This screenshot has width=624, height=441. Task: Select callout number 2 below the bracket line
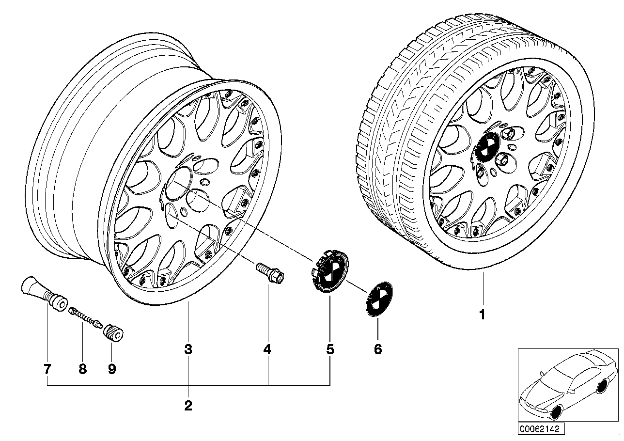pos(188,406)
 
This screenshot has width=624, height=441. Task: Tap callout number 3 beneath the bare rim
pos(188,349)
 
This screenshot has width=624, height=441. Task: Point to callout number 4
pos(267,349)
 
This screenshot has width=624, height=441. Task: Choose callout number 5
pos(330,349)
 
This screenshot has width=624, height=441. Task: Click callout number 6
pos(378,349)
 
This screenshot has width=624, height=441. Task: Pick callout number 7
pos(47,369)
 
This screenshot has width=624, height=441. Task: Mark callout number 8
pos(83,369)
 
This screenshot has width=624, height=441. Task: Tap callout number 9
pos(112,369)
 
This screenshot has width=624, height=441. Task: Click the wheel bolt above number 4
pos(270,272)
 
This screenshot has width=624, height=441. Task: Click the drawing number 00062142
pos(536,429)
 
